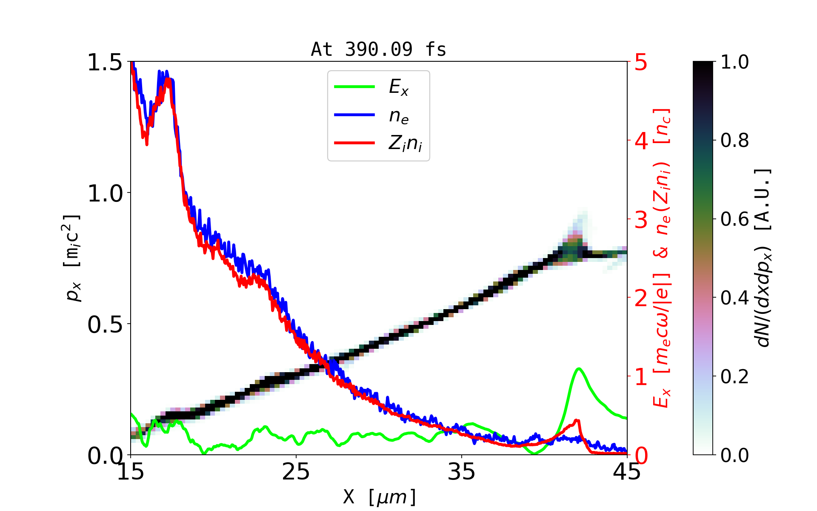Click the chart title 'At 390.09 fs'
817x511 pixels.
click(x=378, y=49)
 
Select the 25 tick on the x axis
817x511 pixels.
click(x=296, y=472)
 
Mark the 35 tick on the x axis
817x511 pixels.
click(x=462, y=472)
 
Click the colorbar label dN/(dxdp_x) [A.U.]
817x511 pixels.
click(x=763, y=258)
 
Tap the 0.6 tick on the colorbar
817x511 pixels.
click(x=734, y=219)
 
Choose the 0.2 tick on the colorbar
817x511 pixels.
click(x=734, y=376)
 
